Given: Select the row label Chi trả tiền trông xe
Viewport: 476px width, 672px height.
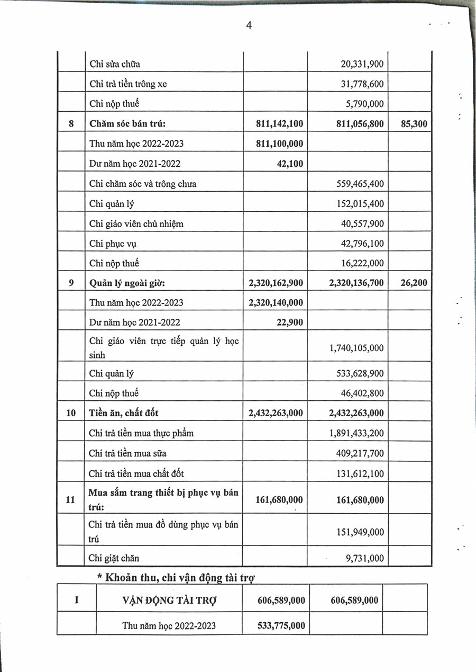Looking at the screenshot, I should [128, 84].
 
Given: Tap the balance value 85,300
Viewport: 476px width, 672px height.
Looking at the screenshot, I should [411, 124].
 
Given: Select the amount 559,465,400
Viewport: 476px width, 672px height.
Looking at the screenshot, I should [360, 184].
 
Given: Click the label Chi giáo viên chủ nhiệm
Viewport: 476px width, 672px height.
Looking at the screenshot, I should [136, 223].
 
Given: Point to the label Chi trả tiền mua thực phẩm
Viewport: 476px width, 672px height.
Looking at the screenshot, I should [141, 433].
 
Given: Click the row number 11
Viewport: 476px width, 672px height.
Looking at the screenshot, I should [71, 499].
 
